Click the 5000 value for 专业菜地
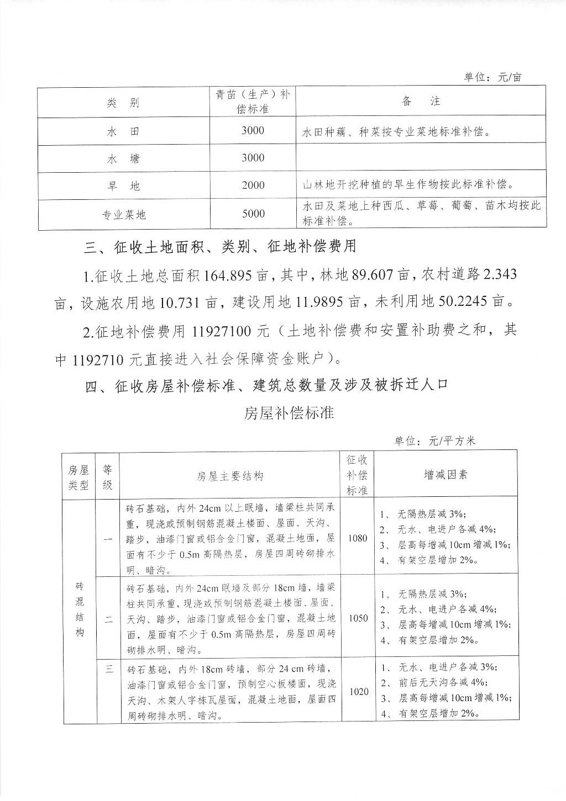point(253,214)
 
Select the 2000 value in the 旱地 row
point(253,185)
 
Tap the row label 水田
point(123,131)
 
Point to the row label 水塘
point(123,159)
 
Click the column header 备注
point(421,101)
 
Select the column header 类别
point(123,103)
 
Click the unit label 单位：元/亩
point(492,77)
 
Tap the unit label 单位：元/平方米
point(435,441)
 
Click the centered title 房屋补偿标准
point(289,413)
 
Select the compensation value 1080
point(358,538)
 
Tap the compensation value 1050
point(358,618)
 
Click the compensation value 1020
point(358,691)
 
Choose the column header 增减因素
point(446,474)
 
